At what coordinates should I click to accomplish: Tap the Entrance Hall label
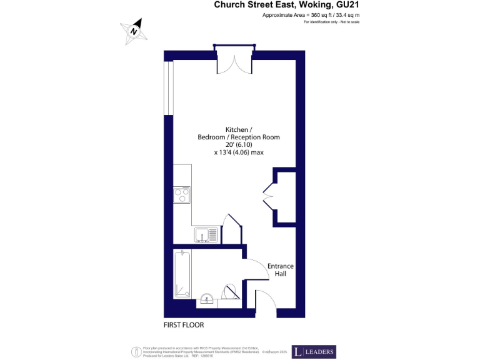pyautogui.click(x=281, y=270)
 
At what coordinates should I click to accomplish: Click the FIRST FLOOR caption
pyautogui.click(x=184, y=325)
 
